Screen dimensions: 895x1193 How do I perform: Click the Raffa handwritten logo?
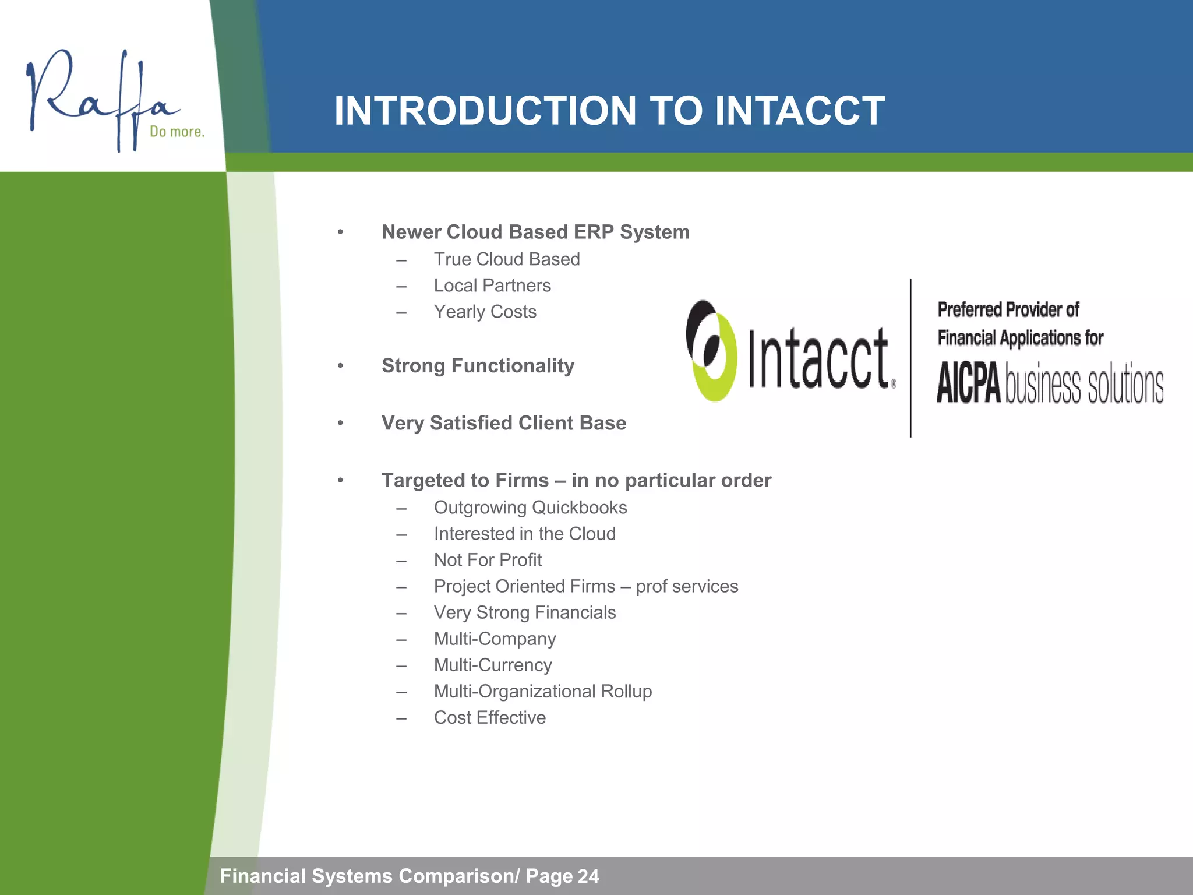click(99, 99)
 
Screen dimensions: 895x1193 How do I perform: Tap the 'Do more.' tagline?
click(177, 132)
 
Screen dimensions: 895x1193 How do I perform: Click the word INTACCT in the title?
click(799, 111)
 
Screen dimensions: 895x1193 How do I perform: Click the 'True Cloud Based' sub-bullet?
click(506, 259)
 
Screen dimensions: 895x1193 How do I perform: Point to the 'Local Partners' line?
click(492, 286)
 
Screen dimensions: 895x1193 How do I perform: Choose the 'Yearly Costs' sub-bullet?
click(485, 312)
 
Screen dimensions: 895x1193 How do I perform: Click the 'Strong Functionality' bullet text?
click(478, 366)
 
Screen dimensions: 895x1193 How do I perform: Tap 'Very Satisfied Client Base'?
click(503, 423)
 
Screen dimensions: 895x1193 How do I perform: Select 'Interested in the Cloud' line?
click(524, 534)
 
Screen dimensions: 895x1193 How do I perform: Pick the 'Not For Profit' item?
click(488, 560)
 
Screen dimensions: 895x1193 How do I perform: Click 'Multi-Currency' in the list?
click(492, 665)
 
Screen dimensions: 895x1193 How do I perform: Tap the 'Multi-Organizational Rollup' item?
click(542, 691)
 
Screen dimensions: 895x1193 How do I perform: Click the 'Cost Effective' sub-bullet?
click(489, 717)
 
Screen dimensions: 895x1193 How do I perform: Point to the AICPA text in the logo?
click(968, 383)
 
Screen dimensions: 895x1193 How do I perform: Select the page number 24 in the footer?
click(588, 876)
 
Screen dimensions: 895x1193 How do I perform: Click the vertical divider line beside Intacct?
click(910, 358)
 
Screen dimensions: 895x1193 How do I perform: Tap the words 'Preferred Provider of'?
click(1008, 310)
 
